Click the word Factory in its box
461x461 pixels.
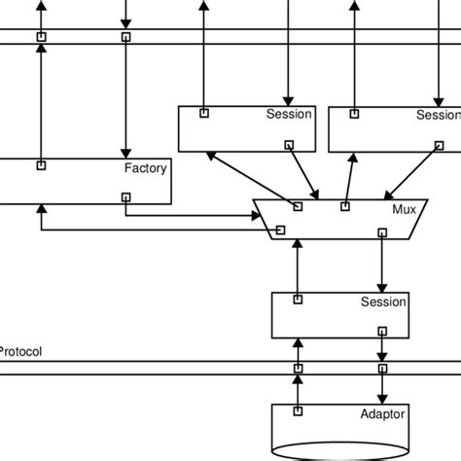click(145, 168)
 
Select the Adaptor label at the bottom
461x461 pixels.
click(382, 414)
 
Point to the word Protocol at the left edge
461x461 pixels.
click(20, 352)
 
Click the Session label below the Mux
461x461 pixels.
click(383, 301)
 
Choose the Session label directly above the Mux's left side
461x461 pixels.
click(289, 115)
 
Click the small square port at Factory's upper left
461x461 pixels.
click(41, 165)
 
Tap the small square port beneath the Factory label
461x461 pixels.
click(125, 196)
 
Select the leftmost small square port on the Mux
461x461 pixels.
click(280, 230)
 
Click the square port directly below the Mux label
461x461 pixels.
click(382, 232)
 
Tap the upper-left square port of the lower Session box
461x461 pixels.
click(299, 300)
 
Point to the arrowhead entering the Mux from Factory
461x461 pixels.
click(247, 213)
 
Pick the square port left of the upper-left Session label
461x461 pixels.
click(204, 113)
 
